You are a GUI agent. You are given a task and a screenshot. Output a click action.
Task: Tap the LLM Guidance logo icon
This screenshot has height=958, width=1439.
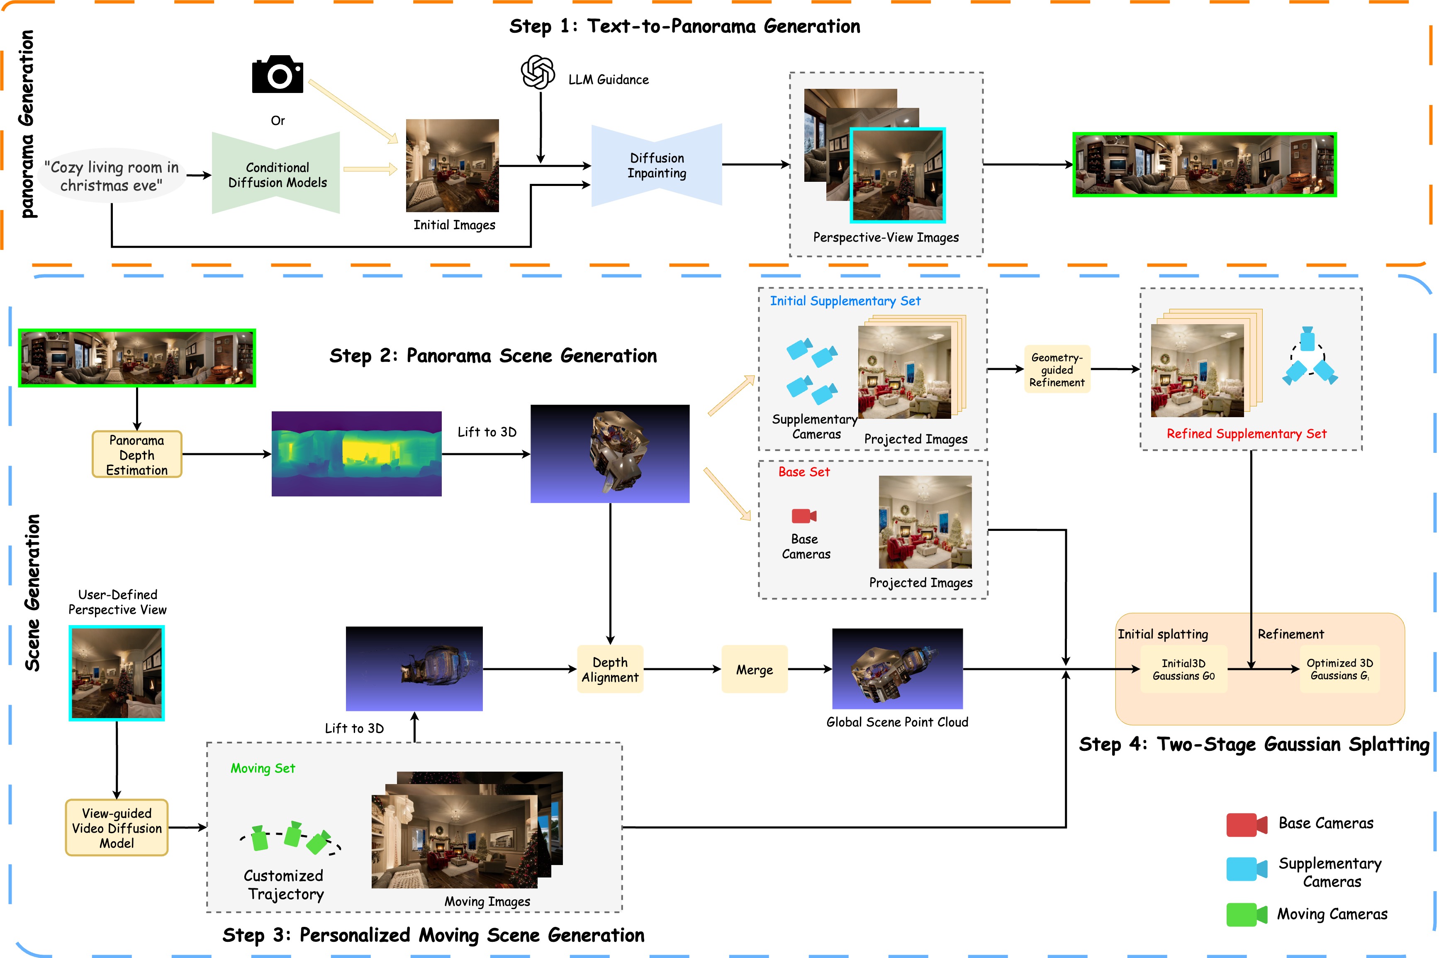pos(538,72)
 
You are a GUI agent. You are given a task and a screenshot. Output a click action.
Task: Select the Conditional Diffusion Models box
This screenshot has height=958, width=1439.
pos(276,173)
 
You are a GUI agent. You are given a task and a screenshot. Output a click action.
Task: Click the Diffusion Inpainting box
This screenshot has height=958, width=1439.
pos(657,165)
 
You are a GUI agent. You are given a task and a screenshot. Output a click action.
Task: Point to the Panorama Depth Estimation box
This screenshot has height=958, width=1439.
pos(137,455)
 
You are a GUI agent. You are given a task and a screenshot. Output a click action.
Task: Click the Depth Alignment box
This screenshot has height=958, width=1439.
pos(610,669)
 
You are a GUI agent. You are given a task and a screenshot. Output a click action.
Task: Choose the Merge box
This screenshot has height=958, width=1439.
pos(755,669)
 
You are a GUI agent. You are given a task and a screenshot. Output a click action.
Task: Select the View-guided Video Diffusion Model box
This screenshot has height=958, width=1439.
pos(117,828)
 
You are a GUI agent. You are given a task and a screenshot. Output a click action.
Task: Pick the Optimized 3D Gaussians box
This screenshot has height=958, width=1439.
pos(1339,669)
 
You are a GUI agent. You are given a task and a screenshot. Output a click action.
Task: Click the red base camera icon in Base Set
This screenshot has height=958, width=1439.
pos(804,516)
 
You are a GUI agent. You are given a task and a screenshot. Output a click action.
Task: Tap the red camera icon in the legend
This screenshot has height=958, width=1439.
pos(1247,825)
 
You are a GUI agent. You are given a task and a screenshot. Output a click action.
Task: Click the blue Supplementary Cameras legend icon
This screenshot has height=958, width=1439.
pos(1247,869)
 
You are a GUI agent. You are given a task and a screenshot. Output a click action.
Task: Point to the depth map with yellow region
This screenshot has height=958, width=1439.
pos(357,454)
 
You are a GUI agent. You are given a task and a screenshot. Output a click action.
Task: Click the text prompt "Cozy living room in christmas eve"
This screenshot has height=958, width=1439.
pos(112,176)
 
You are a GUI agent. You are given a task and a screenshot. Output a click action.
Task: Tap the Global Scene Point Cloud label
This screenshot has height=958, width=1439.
pos(897,722)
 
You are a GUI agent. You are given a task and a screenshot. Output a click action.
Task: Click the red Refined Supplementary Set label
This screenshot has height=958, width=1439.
pos(1246,434)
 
